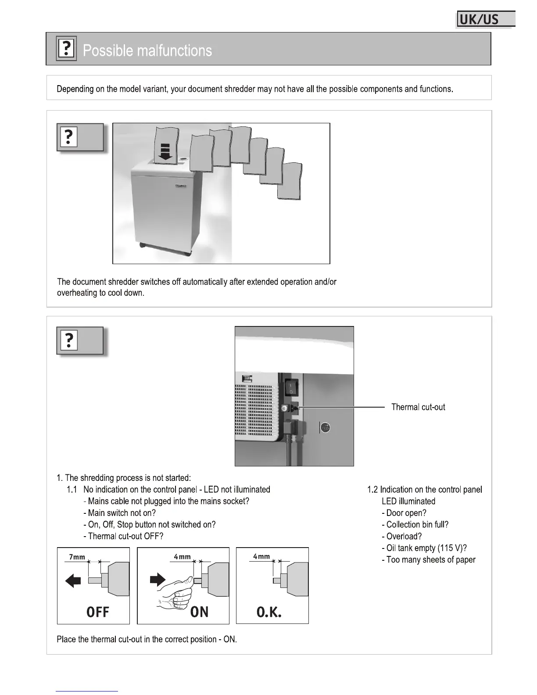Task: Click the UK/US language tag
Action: [485, 20]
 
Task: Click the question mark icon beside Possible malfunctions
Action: [66, 48]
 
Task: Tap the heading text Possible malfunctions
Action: [147, 51]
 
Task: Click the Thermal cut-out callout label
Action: [418, 407]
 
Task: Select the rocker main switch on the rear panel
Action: [290, 387]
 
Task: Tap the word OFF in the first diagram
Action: [97, 612]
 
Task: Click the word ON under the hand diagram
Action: [200, 612]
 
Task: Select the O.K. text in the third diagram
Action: [269, 612]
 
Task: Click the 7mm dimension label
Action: [77, 557]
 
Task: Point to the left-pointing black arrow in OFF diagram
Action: [73, 581]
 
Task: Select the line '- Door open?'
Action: [404, 513]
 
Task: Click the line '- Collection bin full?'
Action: [415, 525]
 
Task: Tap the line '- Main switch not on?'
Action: [120, 513]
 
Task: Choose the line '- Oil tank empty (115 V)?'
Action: [424, 548]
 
